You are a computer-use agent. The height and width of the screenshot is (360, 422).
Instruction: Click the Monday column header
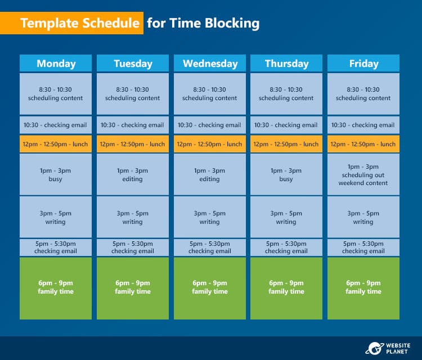(56, 64)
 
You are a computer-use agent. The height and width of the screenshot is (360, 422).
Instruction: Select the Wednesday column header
(210, 64)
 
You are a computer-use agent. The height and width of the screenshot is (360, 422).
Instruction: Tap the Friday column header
(363, 64)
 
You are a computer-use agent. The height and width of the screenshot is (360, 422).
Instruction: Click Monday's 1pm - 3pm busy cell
(56, 174)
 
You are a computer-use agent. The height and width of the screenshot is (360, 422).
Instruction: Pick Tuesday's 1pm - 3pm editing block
(133, 174)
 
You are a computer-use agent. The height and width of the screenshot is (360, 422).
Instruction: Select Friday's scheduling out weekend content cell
(363, 174)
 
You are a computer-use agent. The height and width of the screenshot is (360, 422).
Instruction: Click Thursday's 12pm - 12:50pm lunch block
(286, 144)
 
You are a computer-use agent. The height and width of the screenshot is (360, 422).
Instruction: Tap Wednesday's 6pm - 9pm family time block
(210, 288)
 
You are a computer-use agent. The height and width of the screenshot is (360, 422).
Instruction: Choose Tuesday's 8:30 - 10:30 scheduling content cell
(133, 94)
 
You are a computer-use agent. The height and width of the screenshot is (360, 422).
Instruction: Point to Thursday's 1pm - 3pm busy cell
(286, 174)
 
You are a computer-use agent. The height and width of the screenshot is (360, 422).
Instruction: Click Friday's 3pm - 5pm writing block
(363, 217)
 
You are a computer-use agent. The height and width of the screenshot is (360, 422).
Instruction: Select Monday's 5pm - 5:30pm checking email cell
(56, 247)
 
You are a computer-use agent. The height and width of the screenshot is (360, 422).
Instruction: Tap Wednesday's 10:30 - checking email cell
(210, 125)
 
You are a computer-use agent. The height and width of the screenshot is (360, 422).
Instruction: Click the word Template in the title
(50, 23)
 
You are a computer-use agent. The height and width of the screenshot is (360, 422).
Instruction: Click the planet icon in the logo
(374, 348)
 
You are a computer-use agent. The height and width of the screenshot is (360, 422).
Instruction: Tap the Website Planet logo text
(398, 348)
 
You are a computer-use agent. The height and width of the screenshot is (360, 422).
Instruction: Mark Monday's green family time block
(56, 288)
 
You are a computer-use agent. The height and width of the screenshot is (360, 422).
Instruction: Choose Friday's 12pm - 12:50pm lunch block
(363, 144)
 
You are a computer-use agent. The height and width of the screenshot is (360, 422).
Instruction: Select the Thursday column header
(286, 64)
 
